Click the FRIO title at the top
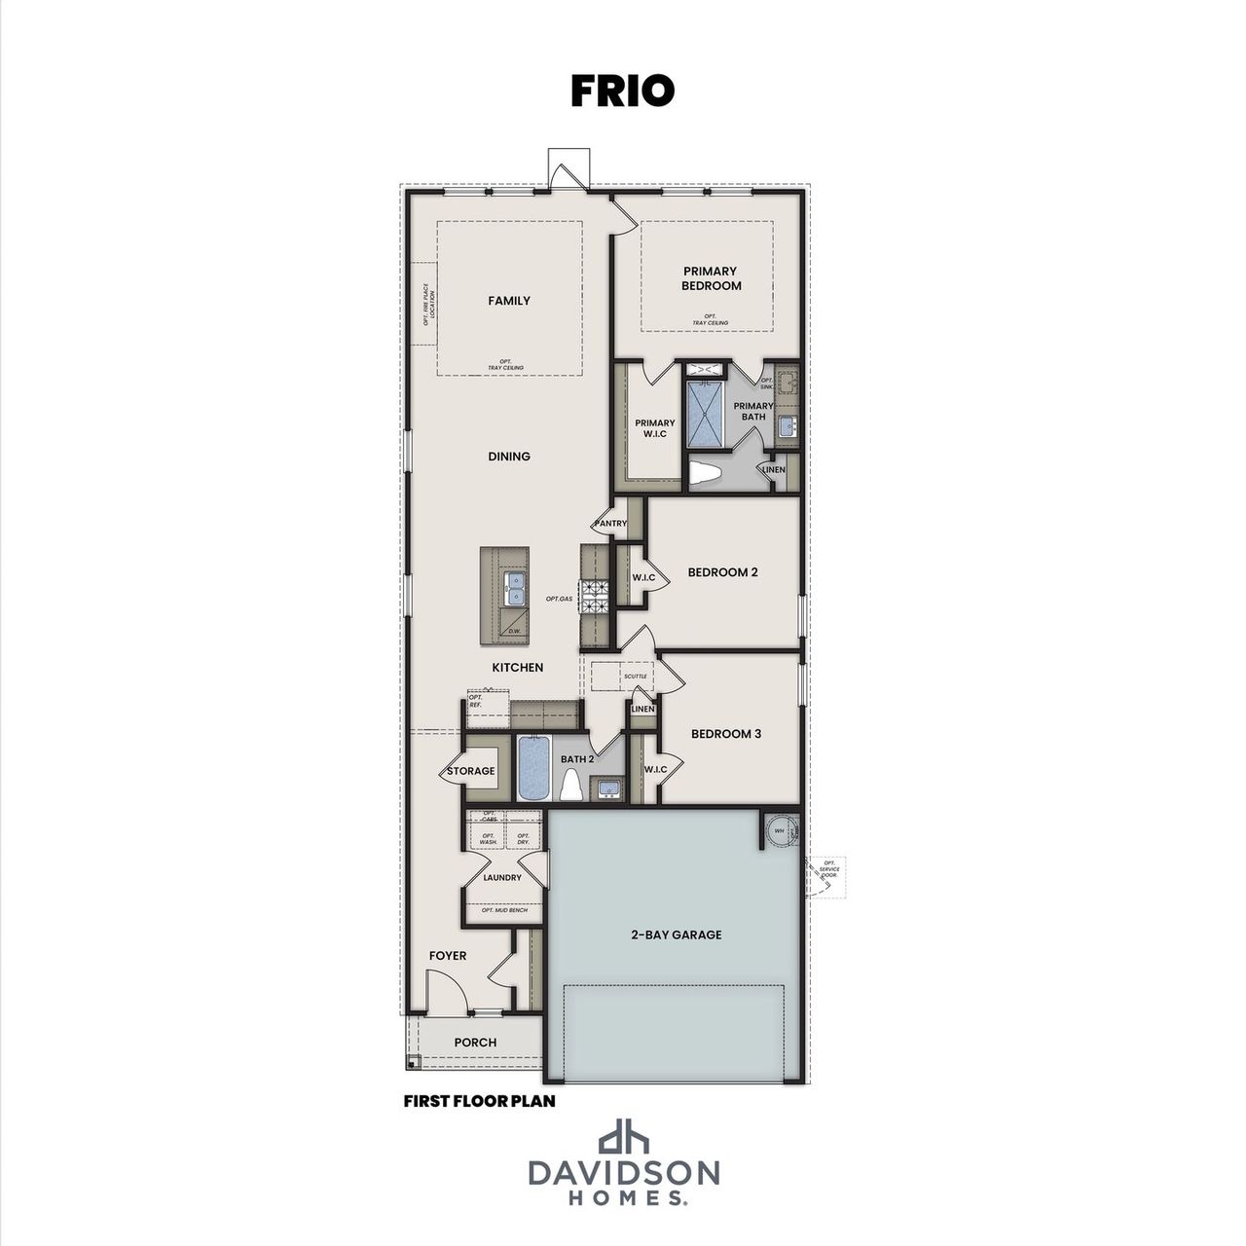pos(622,91)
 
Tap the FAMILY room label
pos(509,301)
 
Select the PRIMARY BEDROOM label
pos(710,278)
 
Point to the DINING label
pos(509,456)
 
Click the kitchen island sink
pos(514,587)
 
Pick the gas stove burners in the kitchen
pos(594,596)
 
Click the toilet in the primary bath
pos(705,474)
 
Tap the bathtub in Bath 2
pos(533,768)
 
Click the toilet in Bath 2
pos(571,785)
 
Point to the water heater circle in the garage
pos(780,831)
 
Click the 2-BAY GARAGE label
pos(675,934)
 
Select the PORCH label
pos(475,1043)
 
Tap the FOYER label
pos(448,956)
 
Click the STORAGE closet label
pos(471,771)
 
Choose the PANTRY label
pos(611,524)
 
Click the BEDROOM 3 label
pos(726,733)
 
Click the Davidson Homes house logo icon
pos(623,1137)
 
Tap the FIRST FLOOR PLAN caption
pos(479,1102)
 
